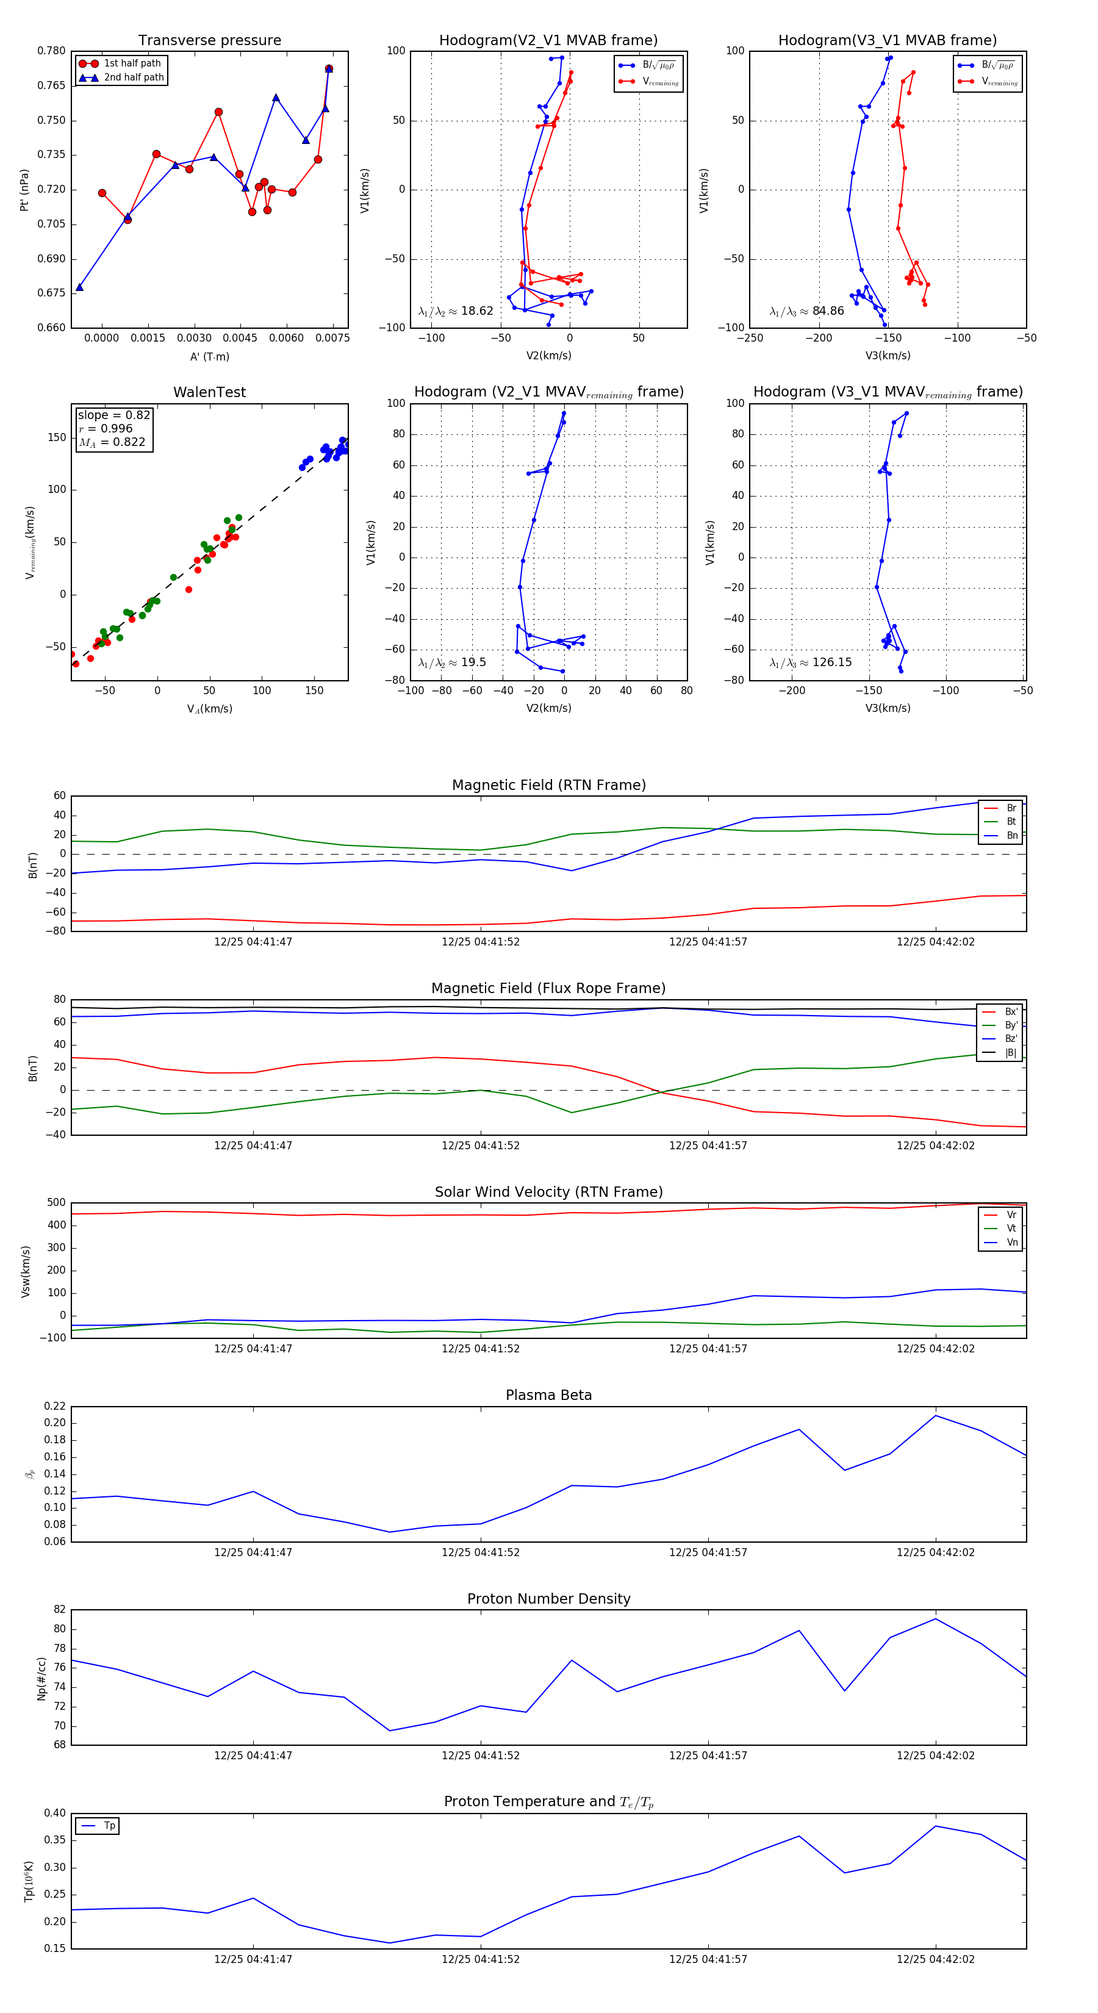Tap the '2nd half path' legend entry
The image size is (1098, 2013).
point(134,77)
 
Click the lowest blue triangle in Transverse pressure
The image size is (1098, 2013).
point(80,287)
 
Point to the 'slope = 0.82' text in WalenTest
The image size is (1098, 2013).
point(113,415)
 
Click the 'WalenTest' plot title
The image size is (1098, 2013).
point(209,392)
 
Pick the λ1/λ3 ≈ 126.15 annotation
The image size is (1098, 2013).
point(811,662)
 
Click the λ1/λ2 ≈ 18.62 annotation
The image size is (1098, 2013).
point(456,311)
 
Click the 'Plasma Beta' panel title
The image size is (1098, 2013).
point(548,1395)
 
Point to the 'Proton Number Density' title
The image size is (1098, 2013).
point(548,1599)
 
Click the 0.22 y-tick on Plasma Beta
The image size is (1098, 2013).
point(56,1406)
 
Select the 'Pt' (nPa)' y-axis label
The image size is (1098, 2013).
point(24,190)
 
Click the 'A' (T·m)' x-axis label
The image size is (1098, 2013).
point(209,356)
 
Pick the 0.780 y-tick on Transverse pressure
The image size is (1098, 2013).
point(52,51)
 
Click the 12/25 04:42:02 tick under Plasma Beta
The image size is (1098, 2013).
point(936,1552)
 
